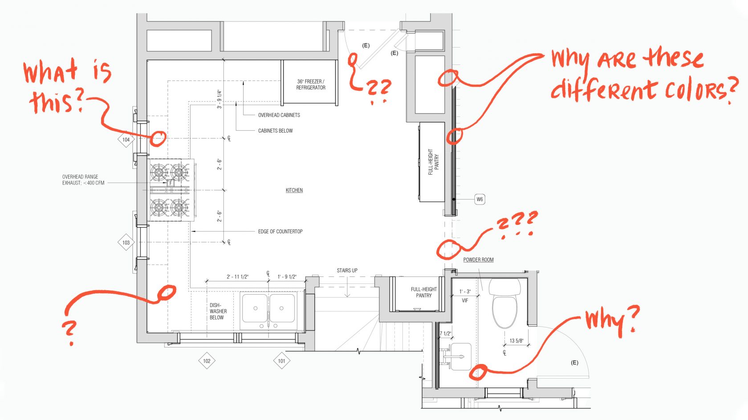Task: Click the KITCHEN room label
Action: point(294,190)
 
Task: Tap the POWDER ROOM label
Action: point(478,260)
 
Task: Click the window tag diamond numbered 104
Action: point(126,140)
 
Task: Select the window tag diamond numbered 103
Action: point(126,243)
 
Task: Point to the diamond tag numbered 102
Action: point(207,361)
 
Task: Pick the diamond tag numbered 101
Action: point(281,361)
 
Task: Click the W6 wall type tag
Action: point(480,199)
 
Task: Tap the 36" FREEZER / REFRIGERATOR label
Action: point(311,84)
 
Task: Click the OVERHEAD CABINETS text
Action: point(279,115)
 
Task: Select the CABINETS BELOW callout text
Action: point(275,131)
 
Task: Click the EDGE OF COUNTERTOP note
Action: point(280,232)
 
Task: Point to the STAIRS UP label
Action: point(347,270)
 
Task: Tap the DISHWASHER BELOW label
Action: point(218,311)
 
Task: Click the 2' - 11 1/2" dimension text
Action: point(237,277)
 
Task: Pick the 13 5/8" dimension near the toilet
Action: point(516,341)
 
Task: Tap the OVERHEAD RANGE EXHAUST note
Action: point(83,180)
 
